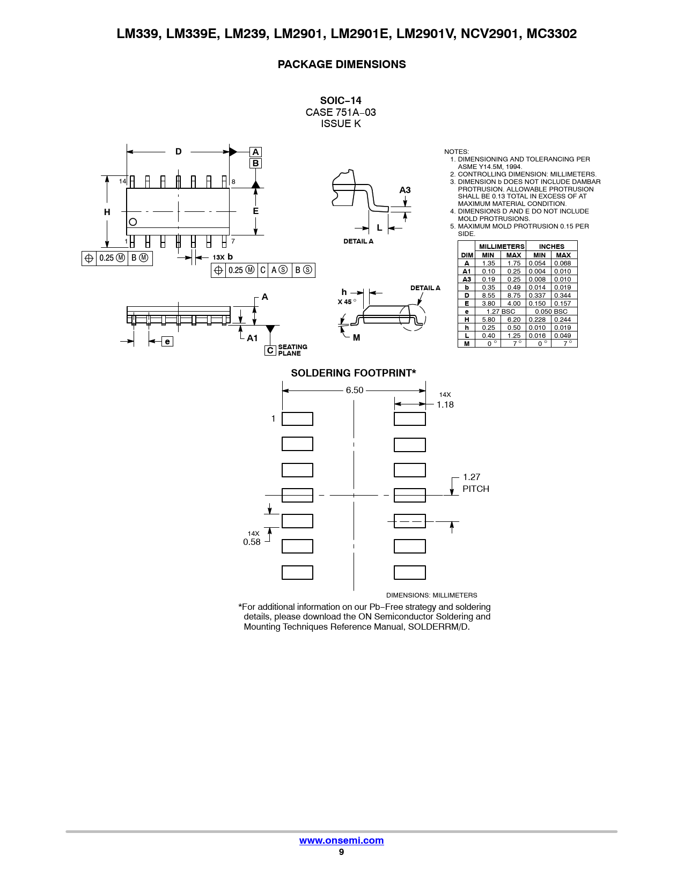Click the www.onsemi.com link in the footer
click(x=341, y=840)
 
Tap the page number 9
click(x=341, y=852)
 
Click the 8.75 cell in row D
click(x=514, y=296)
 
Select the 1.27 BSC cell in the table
click(x=501, y=312)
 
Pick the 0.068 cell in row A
click(x=562, y=263)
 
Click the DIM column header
click(x=467, y=255)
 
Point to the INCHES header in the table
click(x=551, y=246)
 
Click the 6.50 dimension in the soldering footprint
click(x=355, y=390)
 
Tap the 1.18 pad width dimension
click(x=445, y=404)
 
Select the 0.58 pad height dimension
click(x=252, y=542)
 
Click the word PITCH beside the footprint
click(x=476, y=489)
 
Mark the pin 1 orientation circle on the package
click(x=133, y=222)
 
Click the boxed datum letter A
click(x=255, y=152)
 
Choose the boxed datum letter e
click(x=167, y=341)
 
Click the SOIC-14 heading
click(x=341, y=101)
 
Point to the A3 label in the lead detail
click(x=405, y=190)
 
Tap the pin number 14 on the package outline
click(x=123, y=181)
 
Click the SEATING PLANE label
click(x=292, y=350)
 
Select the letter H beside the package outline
click(x=107, y=212)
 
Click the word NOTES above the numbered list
click(x=457, y=151)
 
